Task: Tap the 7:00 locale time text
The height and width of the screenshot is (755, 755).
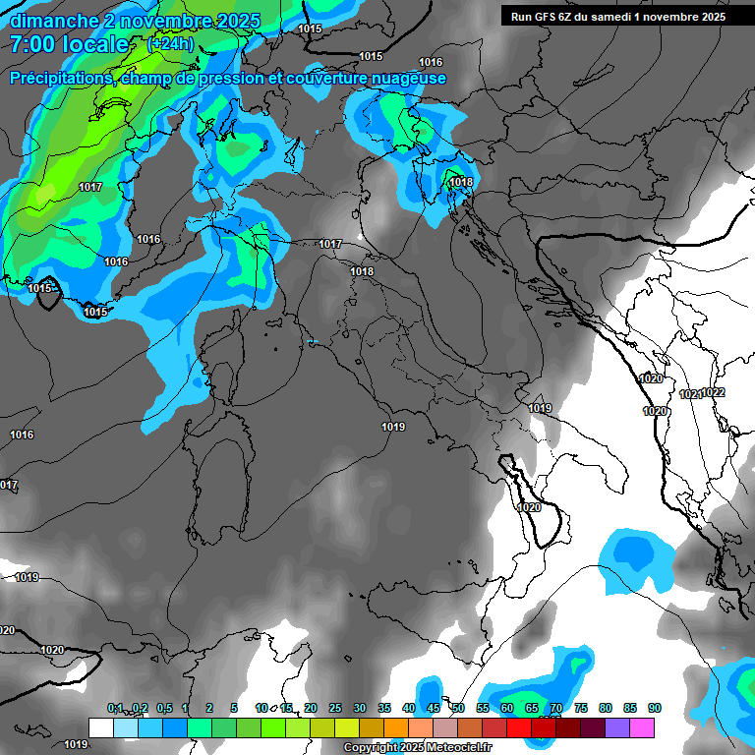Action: [69, 44]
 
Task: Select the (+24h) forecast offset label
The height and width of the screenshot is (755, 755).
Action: [170, 44]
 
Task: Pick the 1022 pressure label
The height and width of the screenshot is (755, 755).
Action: [713, 392]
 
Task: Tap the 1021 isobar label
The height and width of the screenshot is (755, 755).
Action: [690, 394]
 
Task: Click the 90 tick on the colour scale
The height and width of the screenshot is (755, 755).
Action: [655, 709]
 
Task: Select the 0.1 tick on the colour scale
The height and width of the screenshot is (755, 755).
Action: [115, 709]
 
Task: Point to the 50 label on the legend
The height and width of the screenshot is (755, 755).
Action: [458, 709]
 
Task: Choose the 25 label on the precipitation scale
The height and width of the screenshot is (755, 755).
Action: [335, 709]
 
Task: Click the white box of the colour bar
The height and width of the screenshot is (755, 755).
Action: [100, 727]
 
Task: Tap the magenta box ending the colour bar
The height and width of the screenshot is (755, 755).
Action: [642, 727]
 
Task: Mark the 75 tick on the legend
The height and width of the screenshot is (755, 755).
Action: [581, 709]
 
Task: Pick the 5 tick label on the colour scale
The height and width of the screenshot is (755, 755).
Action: [234, 709]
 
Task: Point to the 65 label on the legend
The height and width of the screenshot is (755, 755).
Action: [532, 709]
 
